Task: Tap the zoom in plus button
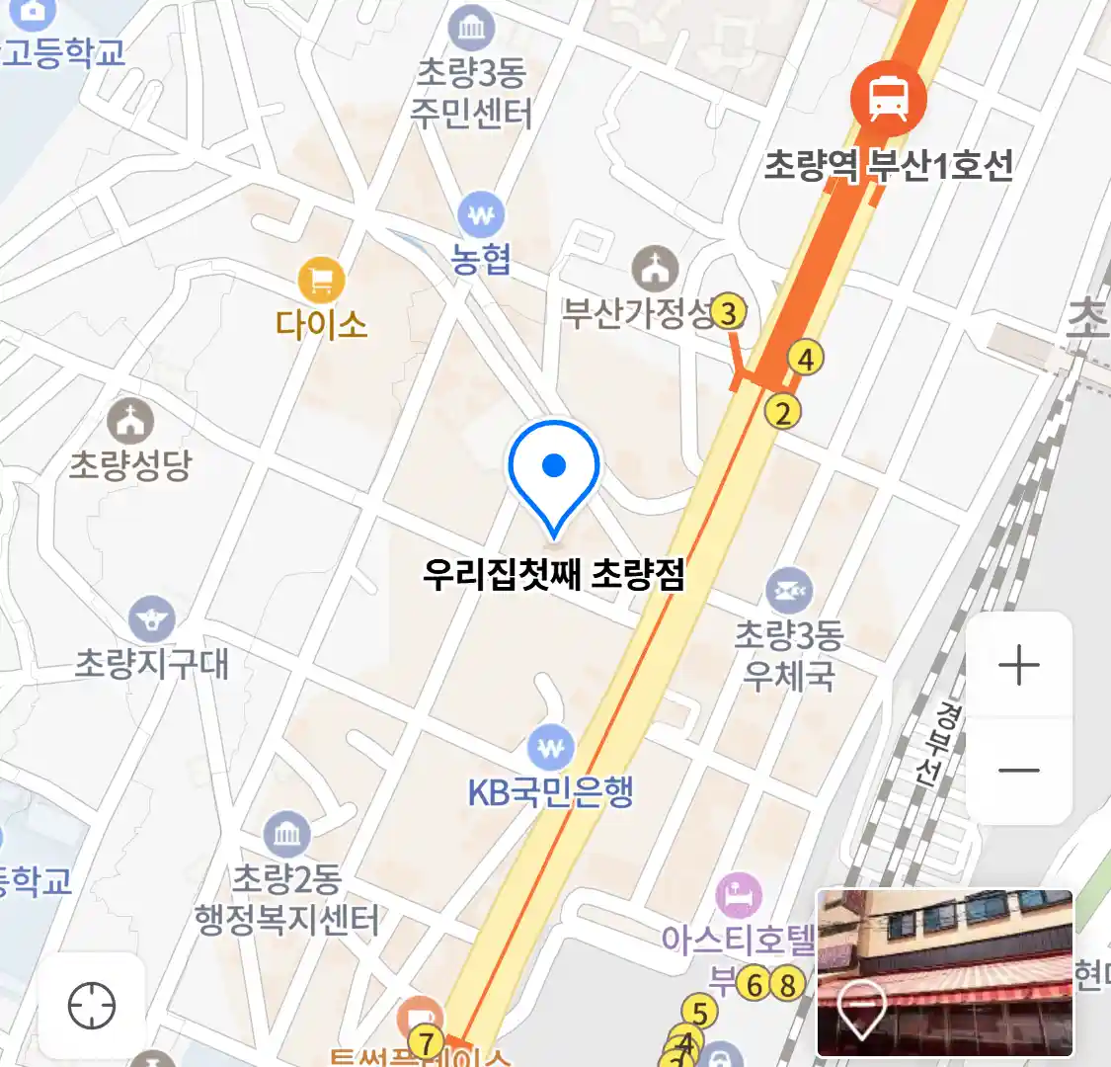tap(1018, 665)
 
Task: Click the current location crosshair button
tap(92, 1007)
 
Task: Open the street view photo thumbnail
tap(945, 972)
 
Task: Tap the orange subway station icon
tap(888, 98)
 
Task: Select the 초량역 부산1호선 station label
tap(889, 165)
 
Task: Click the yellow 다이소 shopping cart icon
tap(321, 281)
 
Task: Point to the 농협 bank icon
tap(481, 214)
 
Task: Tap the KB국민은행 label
tap(550, 792)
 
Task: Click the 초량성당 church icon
tap(130, 421)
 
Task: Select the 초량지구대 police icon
tap(151, 619)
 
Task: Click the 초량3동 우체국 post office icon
tap(788, 591)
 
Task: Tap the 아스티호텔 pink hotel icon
tap(739, 896)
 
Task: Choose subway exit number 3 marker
tap(728, 313)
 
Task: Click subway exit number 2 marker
tap(783, 412)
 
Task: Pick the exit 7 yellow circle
tap(427, 1042)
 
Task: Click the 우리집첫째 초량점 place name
tap(553, 573)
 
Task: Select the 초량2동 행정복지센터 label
tap(286, 899)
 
